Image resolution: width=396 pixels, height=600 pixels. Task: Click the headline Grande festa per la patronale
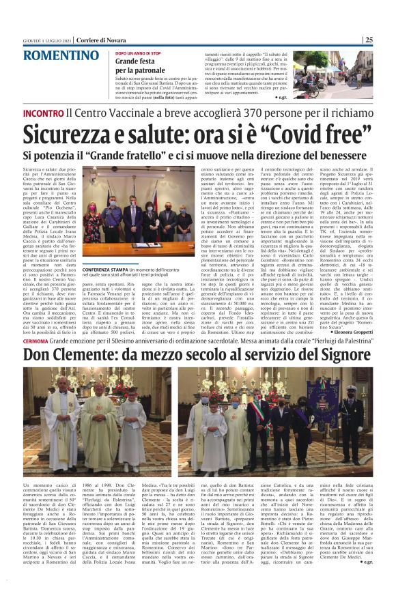point(140,66)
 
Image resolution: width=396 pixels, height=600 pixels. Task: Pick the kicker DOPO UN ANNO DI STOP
point(137,52)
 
